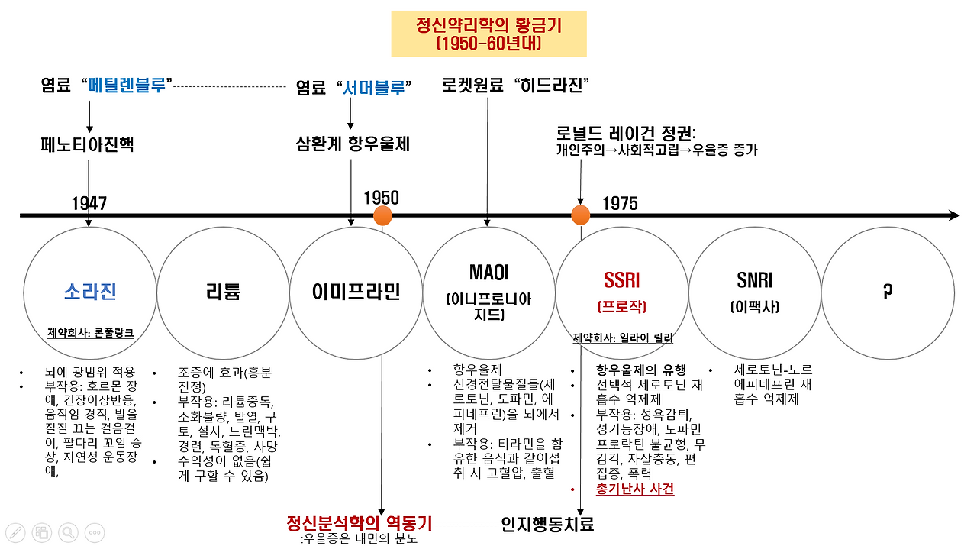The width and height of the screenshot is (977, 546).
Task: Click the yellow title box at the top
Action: [x=488, y=34]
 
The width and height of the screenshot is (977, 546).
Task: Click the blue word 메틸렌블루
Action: [x=127, y=85]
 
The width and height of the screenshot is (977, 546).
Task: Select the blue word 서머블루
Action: [x=372, y=88]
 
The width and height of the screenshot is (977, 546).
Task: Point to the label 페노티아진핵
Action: [x=87, y=144]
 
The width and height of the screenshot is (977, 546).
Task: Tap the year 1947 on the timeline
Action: [x=89, y=203]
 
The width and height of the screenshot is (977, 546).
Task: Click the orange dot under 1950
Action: [x=382, y=215]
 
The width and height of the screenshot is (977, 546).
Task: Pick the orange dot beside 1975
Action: [x=581, y=215]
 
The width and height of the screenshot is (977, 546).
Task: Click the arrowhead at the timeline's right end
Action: [x=953, y=216]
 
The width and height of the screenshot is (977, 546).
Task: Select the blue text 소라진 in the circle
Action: [x=90, y=291]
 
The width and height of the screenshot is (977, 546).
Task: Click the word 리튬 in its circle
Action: [x=223, y=291]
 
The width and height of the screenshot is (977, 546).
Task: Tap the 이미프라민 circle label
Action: [x=356, y=292]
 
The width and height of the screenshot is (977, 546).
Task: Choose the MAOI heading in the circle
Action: [x=488, y=273]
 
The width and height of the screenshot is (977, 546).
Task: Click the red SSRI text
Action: [x=621, y=281]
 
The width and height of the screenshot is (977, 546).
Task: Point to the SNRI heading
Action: [x=754, y=281]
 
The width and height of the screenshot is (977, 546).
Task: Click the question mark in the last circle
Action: [x=887, y=291]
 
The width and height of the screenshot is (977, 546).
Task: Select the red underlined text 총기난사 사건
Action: [x=635, y=489]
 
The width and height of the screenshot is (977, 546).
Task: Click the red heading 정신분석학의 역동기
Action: [x=359, y=523]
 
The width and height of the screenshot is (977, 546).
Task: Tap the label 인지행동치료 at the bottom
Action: [x=547, y=524]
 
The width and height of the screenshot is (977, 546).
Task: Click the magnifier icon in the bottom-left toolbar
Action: [x=69, y=532]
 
